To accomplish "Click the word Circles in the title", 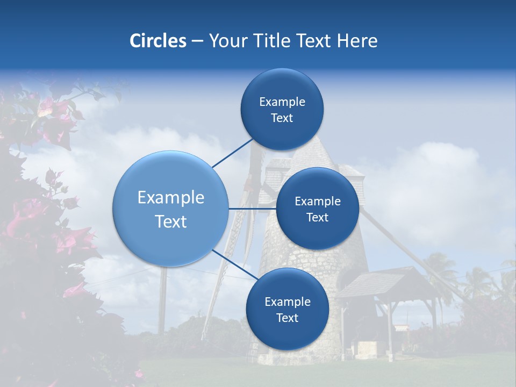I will [157, 41].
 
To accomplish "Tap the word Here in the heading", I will [357, 41].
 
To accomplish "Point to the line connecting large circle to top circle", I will [232, 153].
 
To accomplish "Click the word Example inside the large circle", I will [171, 198].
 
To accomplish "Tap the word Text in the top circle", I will [282, 118].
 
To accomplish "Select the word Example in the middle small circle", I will [317, 202].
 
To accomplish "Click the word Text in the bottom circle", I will [287, 318].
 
